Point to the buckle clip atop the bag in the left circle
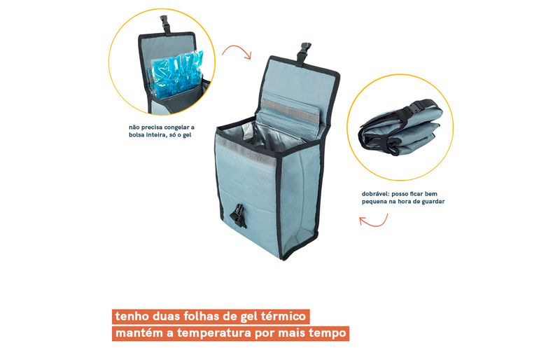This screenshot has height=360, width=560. point(166,25)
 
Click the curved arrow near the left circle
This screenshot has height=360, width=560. point(237,52)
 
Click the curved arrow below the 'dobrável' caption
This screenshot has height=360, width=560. point(374,221)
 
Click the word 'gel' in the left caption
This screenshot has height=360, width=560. point(187,135)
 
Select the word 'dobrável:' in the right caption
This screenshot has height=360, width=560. point(375,194)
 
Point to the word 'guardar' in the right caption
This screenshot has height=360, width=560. point(432,202)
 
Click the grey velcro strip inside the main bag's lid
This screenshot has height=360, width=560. point(290,109)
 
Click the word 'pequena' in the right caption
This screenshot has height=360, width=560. point(374,202)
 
